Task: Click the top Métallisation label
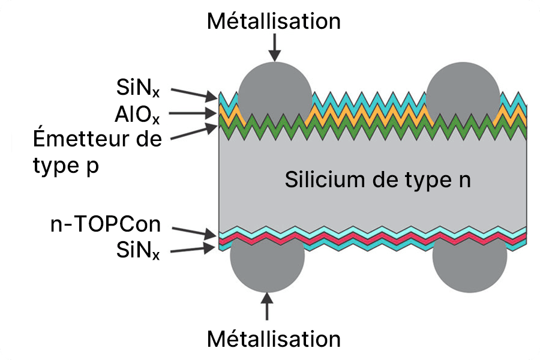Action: pyautogui.click(x=274, y=22)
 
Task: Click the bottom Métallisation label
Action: pyautogui.click(x=274, y=339)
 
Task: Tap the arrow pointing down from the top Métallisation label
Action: pyautogui.click(x=275, y=47)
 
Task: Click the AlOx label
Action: pyautogui.click(x=136, y=113)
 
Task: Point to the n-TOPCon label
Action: pyautogui.click(x=106, y=225)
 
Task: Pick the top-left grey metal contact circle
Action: pyautogui.click(x=275, y=96)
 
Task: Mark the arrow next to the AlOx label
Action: pyautogui.click(x=193, y=113)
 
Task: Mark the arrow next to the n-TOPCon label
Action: pyautogui.click(x=193, y=230)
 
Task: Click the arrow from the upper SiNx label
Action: pyautogui.click(x=194, y=93)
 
